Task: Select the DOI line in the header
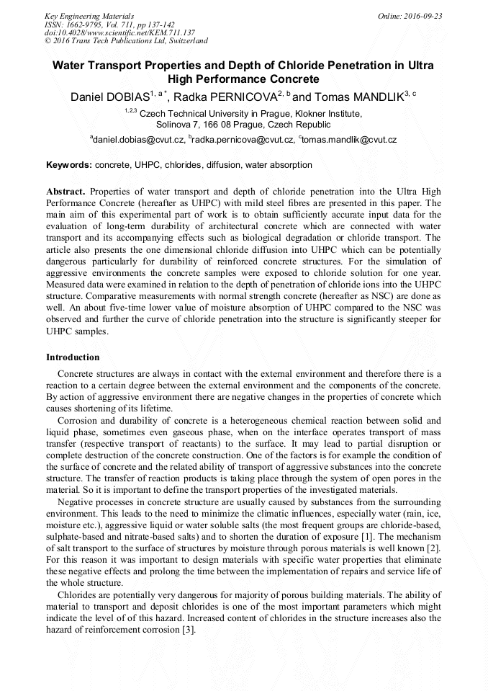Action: coord(119,32)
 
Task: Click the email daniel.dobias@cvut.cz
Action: coord(138,139)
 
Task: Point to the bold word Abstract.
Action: coord(67,192)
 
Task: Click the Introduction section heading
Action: coord(73,357)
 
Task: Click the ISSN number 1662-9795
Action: coord(83,24)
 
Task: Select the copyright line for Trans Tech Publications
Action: coord(126,41)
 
